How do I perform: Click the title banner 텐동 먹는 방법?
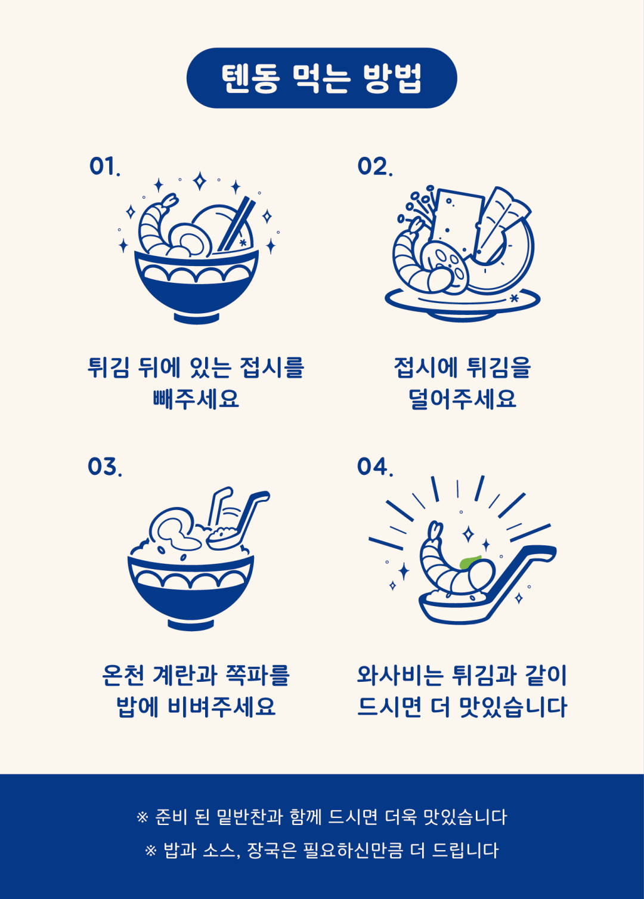pyautogui.click(x=322, y=78)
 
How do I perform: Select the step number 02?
pyautogui.click(x=374, y=166)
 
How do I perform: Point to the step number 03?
pyautogui.click(x=105, y=467)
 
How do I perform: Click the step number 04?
pyautogui.click(x=375, y=467)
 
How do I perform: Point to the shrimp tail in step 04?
pyautogui.click(x=435, y=530)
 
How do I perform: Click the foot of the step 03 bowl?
pyautogui.click(x=191, y=625)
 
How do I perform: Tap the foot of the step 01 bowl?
pyautogui.click(x=197, y=318)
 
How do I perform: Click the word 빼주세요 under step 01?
pyautogui.click(x=196, y=398)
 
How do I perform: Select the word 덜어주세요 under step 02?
pyautogui.click(x=462, y=398)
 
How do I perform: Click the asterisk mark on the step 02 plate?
pyautogui.click(x=514, y=298)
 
